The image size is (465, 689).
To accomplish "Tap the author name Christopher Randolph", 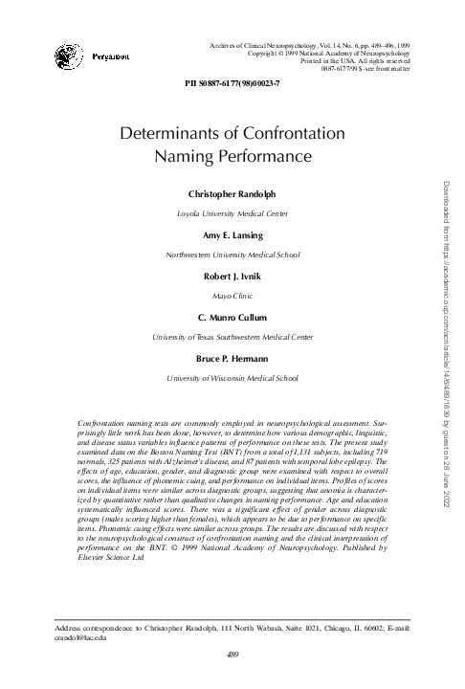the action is click(x=232, y=194).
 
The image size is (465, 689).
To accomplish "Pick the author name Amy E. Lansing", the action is click(x=232, y=235).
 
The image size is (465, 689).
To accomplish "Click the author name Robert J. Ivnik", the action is click(x=232, y=276).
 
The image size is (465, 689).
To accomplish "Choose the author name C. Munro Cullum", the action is click(x=232, y=317).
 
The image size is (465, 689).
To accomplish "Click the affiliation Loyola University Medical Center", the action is click(x=232, y=214).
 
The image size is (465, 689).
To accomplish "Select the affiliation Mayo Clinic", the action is click(x=232, y=297).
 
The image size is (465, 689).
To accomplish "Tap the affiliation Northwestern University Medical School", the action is click(x=232, y=256).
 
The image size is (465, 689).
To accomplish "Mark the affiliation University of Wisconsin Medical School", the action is click(x=232, y=378).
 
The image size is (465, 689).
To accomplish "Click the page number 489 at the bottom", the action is click(x=232, y=654).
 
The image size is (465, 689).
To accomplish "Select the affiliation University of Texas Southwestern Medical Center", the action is click(x=232, y=337).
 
